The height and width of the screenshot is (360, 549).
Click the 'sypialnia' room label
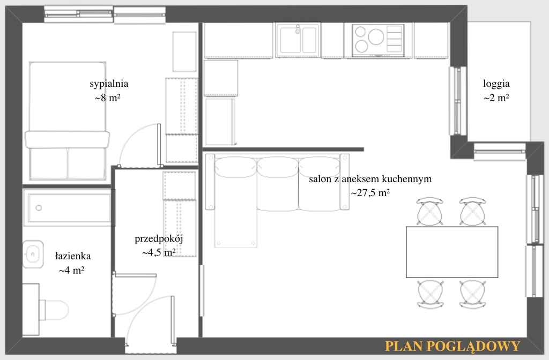pyautogui.click(x=109, y=84)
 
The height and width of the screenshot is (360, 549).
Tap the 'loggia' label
pyautogui.click(x=496, y=84)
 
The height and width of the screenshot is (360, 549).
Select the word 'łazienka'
pyautogui.click(x=73, y=256)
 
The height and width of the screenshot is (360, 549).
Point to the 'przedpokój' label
pyautogui.click(x=159, y=239)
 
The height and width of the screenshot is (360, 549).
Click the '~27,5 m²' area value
pyautogui.click(x=370, y=193)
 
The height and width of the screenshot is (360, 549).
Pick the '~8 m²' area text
pyautogui.click(x=107, y=98)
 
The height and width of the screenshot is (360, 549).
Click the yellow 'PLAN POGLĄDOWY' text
pyautogui.click(x=452, y=346)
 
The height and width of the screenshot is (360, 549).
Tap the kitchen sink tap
pyautogui.click(x=298, y=29)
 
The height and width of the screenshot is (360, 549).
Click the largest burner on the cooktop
pyautogui.click(x=376, y=36)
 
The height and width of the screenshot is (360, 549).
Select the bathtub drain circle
pyautogui.click(x=39, y=208)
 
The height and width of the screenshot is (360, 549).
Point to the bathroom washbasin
pyautogui.click(x=33, y=254)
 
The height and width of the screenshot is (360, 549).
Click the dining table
pyautogui.click(x=452, y=252)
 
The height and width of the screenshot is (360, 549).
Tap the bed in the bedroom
pyautogui.click(x=68, y=121)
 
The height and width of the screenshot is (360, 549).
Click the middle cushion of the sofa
pyautogui.click(x=278, y=184)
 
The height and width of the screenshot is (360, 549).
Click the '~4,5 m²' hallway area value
pyautogui.click(x=159, y=252)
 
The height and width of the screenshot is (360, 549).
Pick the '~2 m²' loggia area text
pyautogui.click(x=496, y=98)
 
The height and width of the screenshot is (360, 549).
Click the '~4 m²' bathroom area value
pyautogui.click(x=71, y=270)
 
